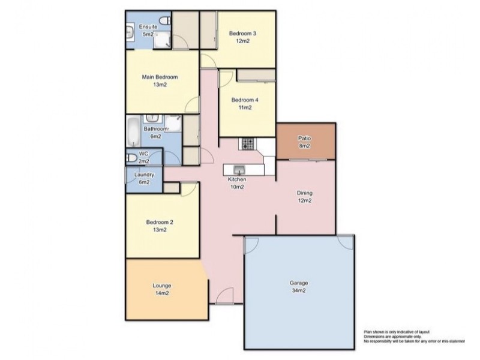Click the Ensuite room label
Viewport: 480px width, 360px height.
(x=148, y=28)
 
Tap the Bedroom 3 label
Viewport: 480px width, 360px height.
(x=242, y=34)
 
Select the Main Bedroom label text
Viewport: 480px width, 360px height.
(x=160, y=77)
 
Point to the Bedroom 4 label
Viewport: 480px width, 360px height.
(x=244, y=100)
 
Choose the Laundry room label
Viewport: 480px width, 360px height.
(x=144, y=175)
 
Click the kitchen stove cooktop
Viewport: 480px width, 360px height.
(x=247, y=144)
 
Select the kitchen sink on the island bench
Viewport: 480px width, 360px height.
(x=238, y=170)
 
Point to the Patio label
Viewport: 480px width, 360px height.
(x=304, y=139)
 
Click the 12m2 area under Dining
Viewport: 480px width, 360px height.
(x=305, y=200)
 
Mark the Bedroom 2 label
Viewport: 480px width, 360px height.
(x=160, y=222)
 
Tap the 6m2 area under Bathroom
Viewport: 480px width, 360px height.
(x=155, y=136)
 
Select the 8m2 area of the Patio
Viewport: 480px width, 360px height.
(x=304, y=146)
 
